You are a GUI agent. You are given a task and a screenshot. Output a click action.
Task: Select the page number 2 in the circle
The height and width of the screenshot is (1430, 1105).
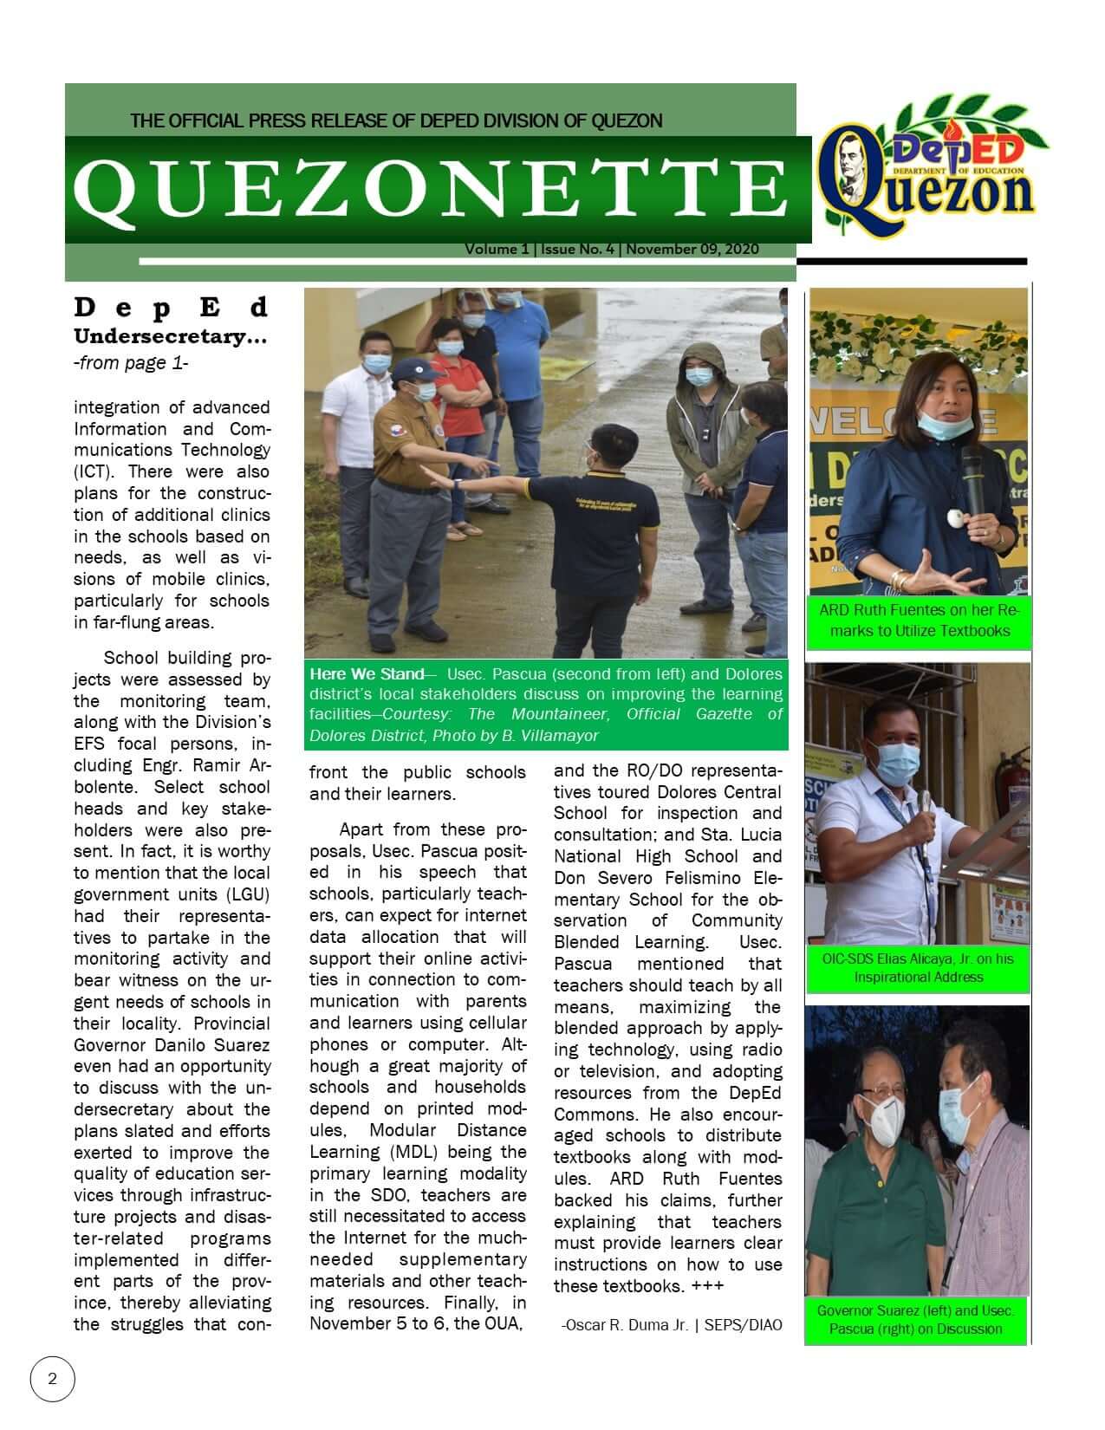pos(53,1379)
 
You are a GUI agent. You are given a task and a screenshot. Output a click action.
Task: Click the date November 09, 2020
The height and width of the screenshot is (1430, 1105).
pos(692,250)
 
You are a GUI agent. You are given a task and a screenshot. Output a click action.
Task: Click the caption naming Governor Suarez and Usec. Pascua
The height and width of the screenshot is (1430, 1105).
pos(915,1320)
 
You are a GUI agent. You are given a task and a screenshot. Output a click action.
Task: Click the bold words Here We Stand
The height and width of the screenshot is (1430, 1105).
pos(363,674)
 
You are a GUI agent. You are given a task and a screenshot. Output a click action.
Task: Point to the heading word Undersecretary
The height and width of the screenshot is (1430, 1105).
pos(170,337)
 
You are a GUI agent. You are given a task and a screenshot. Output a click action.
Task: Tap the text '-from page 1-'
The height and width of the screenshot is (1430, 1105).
pos(131,363)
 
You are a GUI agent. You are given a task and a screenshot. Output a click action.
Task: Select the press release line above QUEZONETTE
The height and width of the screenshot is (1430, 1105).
pos(396,120)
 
